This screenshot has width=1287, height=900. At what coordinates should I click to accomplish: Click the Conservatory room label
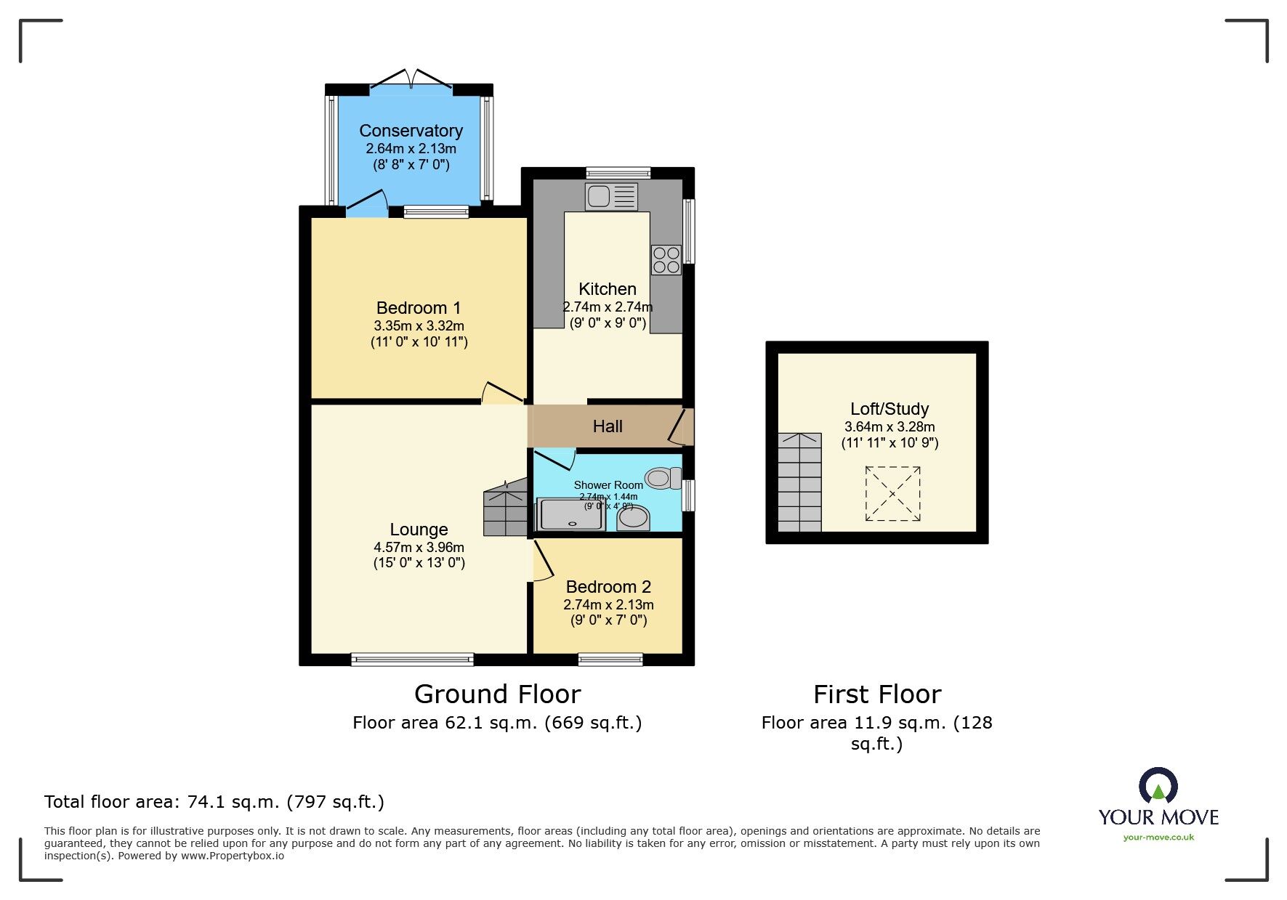click(x=411, y=131)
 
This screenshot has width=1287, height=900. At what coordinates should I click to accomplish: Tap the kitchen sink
click(x=611, y=196)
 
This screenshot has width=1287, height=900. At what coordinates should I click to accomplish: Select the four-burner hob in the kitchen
click(x=666, y=260)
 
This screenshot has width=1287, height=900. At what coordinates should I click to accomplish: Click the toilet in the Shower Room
click(x=663, y=478)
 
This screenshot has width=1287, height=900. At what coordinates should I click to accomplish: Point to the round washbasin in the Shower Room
click(x=633, y=518)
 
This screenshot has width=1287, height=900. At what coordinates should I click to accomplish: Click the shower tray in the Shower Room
click(x=571, y=514)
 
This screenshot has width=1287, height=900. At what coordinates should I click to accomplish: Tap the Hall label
click(x=608, y=426)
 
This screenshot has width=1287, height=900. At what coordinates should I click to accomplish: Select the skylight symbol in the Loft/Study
click(x=892, y=494)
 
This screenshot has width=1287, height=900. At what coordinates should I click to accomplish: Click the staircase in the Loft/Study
click(x=799, y=482)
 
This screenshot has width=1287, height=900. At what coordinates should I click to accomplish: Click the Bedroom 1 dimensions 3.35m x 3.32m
click(x=419, y=326)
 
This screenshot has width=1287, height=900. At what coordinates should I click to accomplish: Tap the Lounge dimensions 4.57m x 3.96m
click(x=419, y=548)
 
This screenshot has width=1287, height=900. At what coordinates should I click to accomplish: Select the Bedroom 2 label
click(x=608, y=587)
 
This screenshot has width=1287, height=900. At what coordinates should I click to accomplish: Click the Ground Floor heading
click(x=498, y=694)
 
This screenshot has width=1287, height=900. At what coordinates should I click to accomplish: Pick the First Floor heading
click(x=877, y=694)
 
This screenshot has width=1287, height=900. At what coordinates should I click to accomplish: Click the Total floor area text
click(x=214, y=802)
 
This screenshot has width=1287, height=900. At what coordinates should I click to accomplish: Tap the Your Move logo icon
click(x=1158, y=787)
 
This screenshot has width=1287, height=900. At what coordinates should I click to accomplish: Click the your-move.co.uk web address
click(x=1158, y=838)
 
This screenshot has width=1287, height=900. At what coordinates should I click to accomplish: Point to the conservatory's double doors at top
click(x=411, y=80)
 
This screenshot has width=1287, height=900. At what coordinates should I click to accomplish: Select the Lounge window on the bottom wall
click(x=412, y=660)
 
